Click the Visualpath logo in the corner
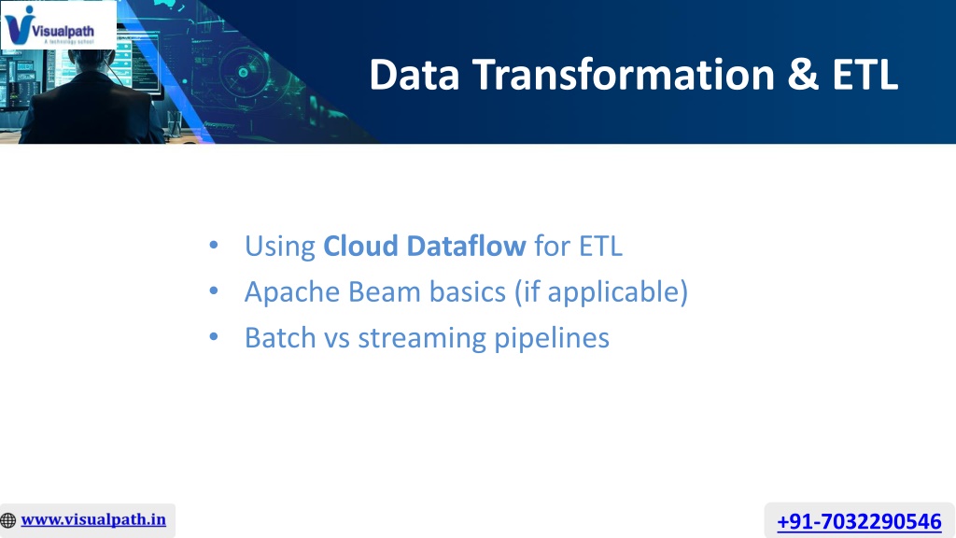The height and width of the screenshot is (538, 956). [58, 25]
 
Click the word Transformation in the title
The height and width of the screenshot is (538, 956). [623, 75]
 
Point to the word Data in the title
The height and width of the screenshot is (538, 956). [414, 75]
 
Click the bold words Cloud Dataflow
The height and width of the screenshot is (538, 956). [425, 246]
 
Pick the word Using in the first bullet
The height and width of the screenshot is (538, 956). [280, 247]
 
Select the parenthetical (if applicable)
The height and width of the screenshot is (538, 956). [601, 292]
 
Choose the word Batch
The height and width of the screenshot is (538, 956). [280, 337]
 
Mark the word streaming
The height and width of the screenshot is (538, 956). [422, 338]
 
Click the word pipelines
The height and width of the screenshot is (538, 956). [552, 338]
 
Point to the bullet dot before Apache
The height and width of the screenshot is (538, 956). [214, 291]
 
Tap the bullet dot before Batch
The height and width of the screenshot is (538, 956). [214, 336]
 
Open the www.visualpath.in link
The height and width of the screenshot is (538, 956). [93, 519]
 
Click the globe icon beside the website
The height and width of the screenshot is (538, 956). [8, 520]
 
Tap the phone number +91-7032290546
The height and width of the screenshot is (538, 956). [859, 521]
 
